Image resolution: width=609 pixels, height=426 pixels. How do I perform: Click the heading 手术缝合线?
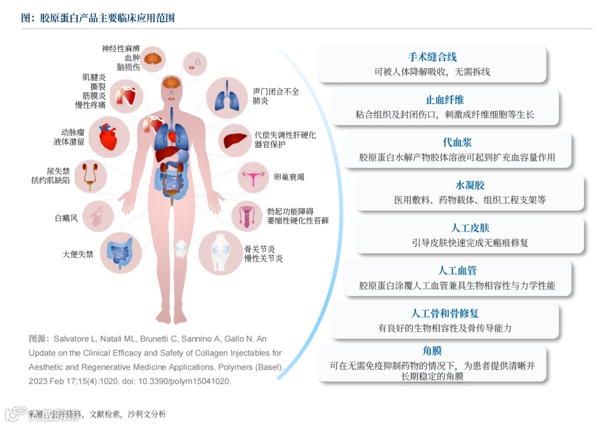(432, 57)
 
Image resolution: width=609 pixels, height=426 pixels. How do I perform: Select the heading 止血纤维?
(444, 100)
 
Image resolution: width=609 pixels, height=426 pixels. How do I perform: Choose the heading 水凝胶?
(470, 185)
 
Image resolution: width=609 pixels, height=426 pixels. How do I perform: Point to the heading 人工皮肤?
(470, 228)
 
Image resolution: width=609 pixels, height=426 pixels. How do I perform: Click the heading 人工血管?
(457, 271)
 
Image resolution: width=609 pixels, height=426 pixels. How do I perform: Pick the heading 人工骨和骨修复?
(444, 314)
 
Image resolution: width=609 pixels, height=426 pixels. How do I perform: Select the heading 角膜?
(432, 351)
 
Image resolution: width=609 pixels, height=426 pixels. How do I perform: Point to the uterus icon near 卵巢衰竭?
(255, 179)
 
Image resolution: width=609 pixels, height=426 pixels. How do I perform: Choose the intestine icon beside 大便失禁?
(120, 253)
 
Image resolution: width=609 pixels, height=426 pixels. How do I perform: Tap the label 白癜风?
(66, 218)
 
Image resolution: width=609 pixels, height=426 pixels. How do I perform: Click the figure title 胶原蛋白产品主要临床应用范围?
(107, 18)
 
